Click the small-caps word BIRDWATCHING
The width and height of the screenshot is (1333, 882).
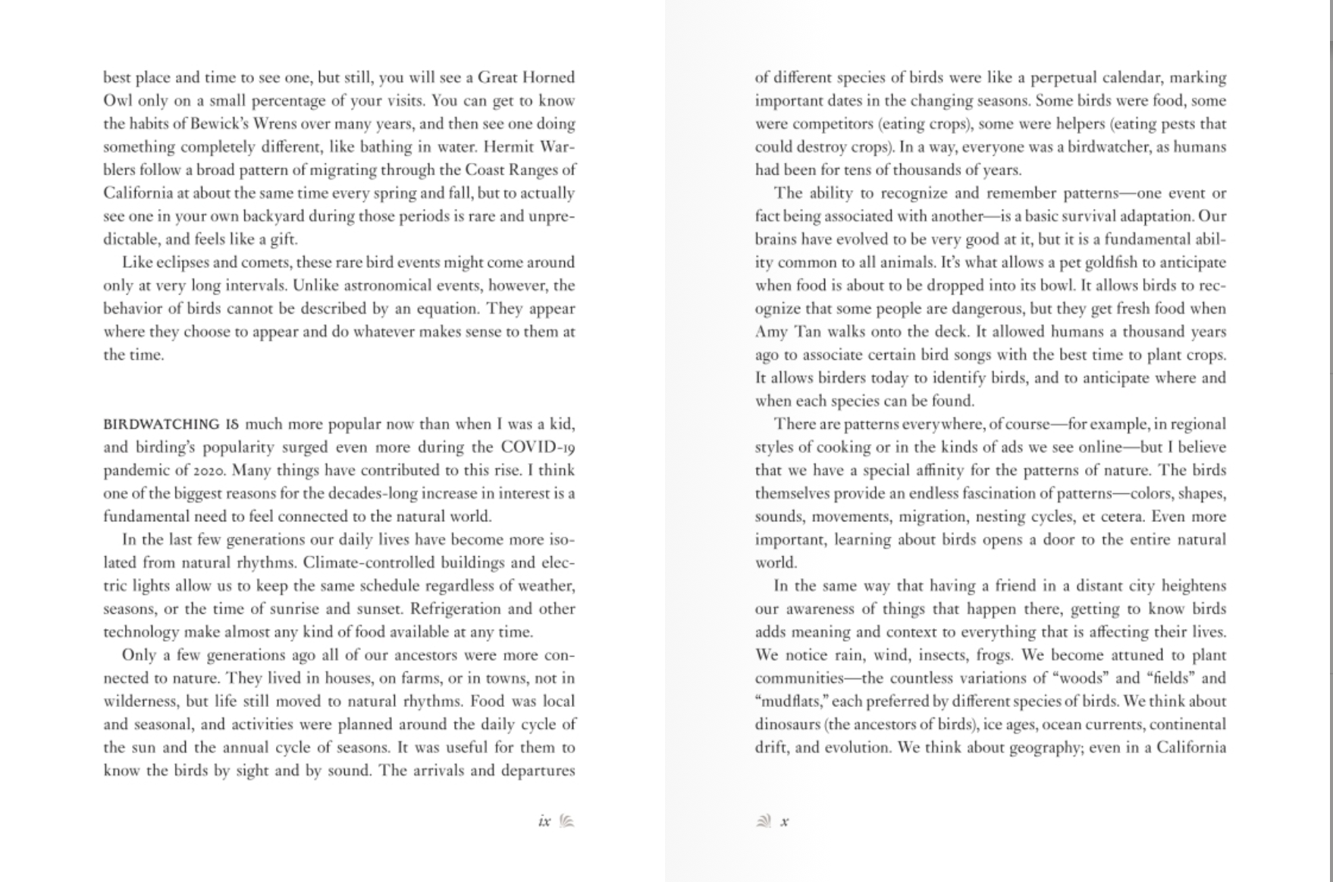pyautogui.click(x=161, y=424)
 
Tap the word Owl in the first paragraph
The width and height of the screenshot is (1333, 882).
pyautogui.click(x=118, y=101)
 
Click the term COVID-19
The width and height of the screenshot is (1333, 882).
pyautogui.click(x=538, y=447)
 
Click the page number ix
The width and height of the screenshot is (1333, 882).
pyautogui.click(x=544, y=821)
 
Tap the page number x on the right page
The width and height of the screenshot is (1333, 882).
pyautogui.click(x=785, y=821)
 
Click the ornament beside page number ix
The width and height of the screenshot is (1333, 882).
pyautogui.click(x=566, y=821)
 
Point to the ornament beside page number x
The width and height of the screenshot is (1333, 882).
pyautogui.click(x=764, y=821)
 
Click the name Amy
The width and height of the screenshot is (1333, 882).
pyautogui.click(x=771, y=332)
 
